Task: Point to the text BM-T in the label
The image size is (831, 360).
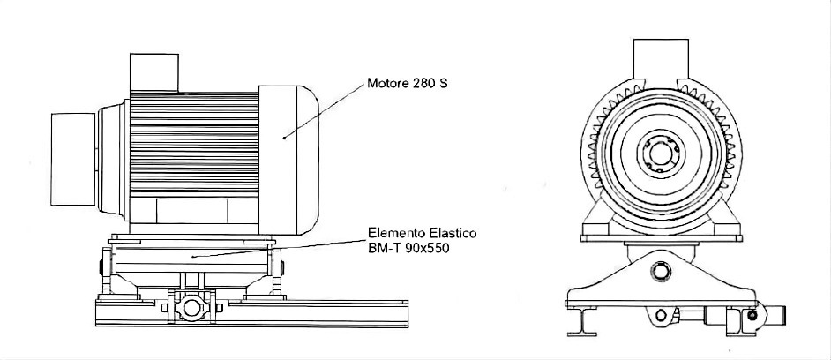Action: (383, 248)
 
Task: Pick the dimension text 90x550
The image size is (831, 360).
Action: (426, 248)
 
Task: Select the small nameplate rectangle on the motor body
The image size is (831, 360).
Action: (191, 212)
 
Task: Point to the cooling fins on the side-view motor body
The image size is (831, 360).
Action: (194, 141)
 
